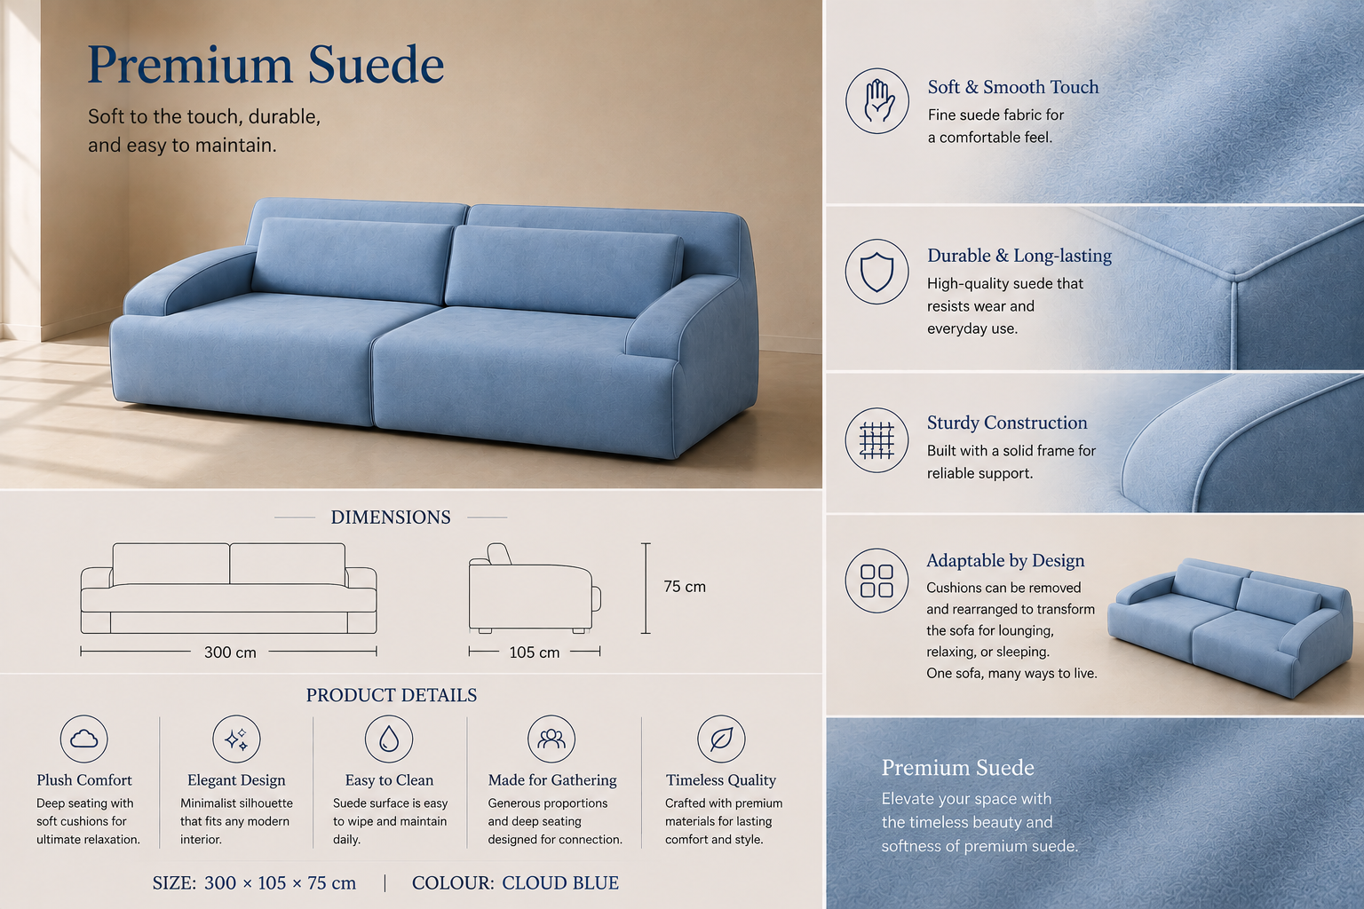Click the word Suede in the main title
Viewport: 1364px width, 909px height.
(376, 64)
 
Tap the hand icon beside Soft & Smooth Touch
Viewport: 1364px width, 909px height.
(876, 100)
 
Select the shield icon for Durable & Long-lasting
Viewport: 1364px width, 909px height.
(876, 272)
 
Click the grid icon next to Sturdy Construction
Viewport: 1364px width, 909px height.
(876, 439)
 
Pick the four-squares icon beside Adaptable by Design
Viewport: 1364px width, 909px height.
(876, 581)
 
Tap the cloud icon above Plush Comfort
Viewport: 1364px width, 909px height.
(84, 739)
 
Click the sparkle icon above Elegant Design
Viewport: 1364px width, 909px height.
(236, 739)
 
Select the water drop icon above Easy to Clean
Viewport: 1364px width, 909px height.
(388, 739)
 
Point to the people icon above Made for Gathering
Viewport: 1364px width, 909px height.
(551, 739)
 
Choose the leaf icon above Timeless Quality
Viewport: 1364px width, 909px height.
(721, 739)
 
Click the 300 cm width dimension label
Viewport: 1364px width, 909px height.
(230, 652)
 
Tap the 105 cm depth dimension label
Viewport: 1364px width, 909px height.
(534, 652)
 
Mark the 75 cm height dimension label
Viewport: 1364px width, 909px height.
(685, 586)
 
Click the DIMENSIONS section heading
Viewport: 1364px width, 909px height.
(391, 517)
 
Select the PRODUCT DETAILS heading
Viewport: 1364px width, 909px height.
(392, 695)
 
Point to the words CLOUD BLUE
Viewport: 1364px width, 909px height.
(560, 883)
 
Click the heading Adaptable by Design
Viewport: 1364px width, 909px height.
(1005, 560)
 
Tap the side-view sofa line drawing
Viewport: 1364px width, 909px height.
(535, 589)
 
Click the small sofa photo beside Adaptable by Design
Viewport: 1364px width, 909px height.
(1230, 627)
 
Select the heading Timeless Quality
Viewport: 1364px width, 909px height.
(721, 780)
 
